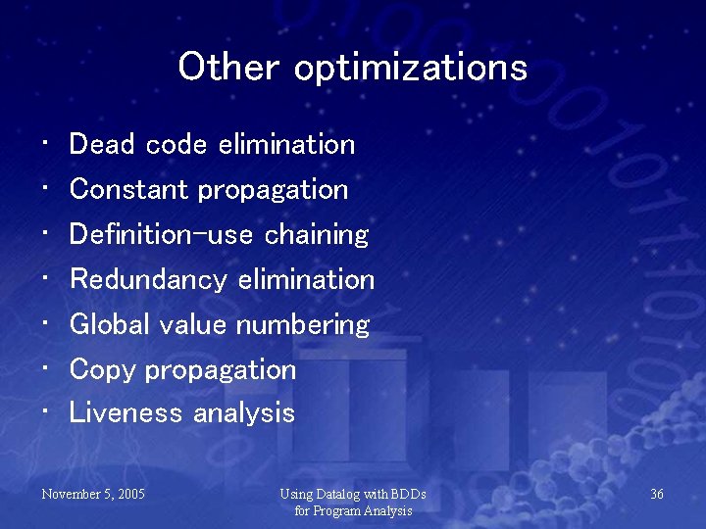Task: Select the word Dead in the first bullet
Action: (103, 145)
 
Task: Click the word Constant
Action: (130, 189)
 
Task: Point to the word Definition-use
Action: (162, 234)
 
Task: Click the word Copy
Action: (102, 370)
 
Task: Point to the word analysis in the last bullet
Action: (244, 413)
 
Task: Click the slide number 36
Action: (657, 495)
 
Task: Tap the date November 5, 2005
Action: (93, 495)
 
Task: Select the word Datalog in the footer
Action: (338, 495)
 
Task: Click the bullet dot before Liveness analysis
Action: (47, 411)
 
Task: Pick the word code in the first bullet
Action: (176, 145)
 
